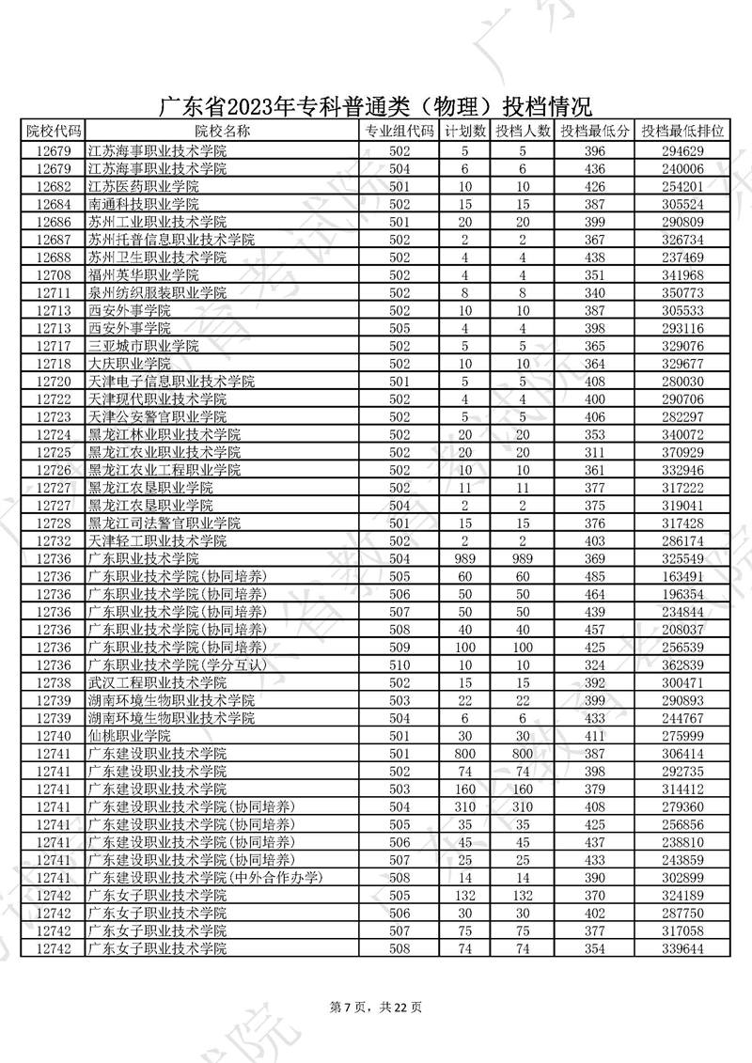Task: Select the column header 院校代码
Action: tap(53, 131)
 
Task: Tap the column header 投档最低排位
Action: tap(682, 131)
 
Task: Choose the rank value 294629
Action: tap(682, 150)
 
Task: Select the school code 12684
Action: tap(53, 204)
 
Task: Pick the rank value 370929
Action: tap(682, 452)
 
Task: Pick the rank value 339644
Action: tap(682, 949)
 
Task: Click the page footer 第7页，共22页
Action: tap(376, 1008)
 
